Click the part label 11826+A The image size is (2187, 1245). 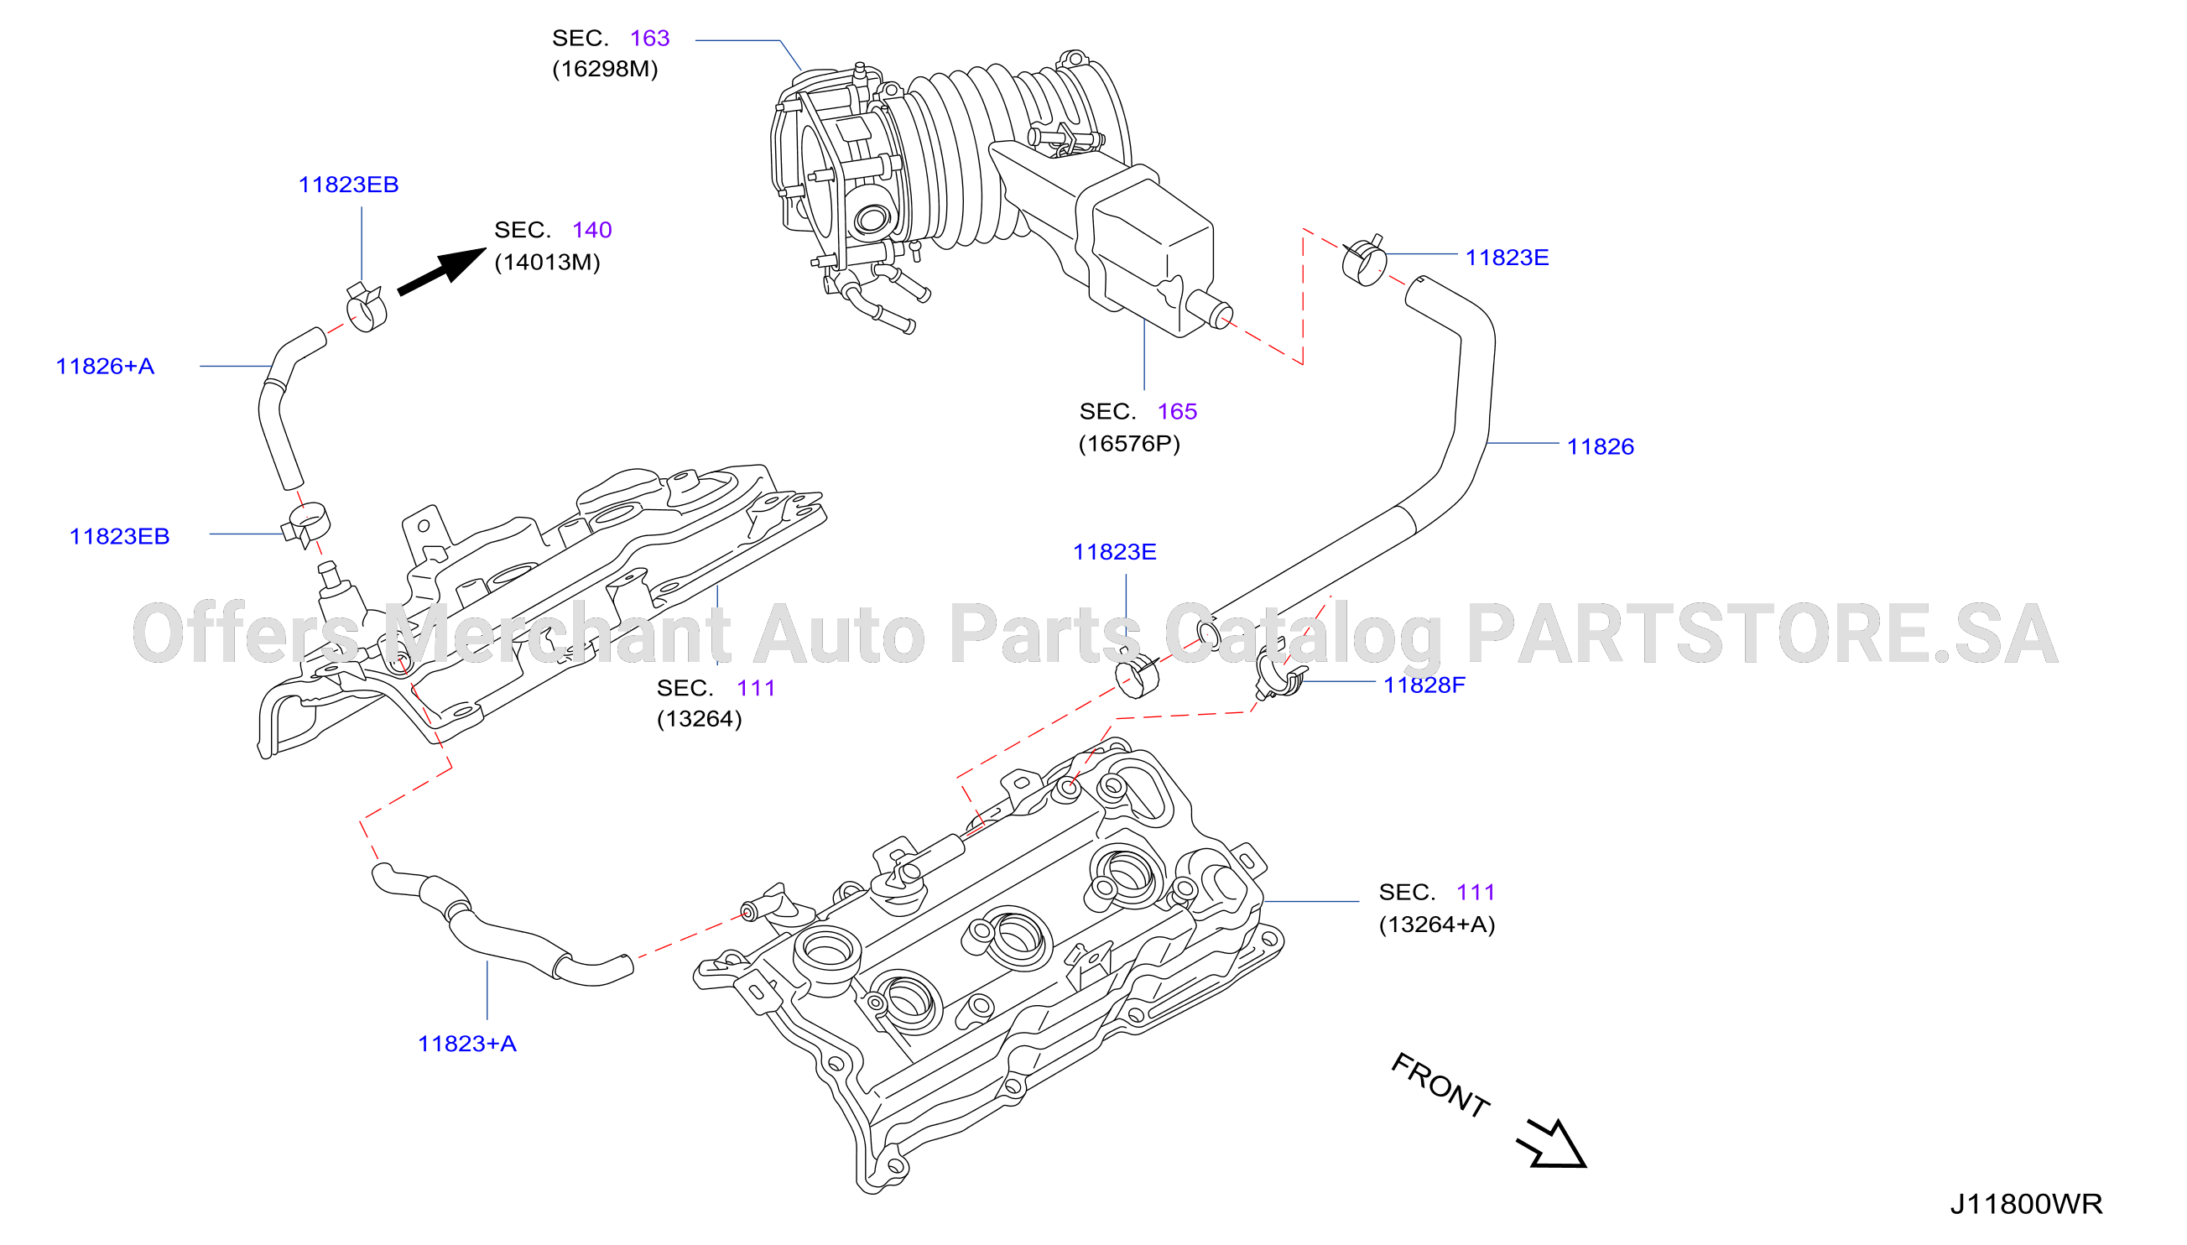point(105,366)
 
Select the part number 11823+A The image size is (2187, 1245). point(466,1043)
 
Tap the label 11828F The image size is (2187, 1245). point(1424,685)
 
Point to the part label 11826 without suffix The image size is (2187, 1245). point(1600,446)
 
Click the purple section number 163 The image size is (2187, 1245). point(649,38)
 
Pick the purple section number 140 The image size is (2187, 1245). point(591,230)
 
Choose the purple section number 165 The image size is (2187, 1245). point(1176,411)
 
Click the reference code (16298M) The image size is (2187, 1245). point(606,70)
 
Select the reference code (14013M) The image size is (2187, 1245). point(547,262)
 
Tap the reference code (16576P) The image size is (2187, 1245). point(1128,444)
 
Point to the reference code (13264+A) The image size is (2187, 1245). point(1436,925)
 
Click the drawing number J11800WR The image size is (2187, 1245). point(2025,1204)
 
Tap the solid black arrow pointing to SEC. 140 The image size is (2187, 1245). point(442,271)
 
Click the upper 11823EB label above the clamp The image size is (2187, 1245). point(348,185)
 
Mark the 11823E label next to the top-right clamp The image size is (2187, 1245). point(1507,258)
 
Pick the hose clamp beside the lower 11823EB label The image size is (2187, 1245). point(305,524)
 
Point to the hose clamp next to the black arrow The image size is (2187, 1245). point(366,307)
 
